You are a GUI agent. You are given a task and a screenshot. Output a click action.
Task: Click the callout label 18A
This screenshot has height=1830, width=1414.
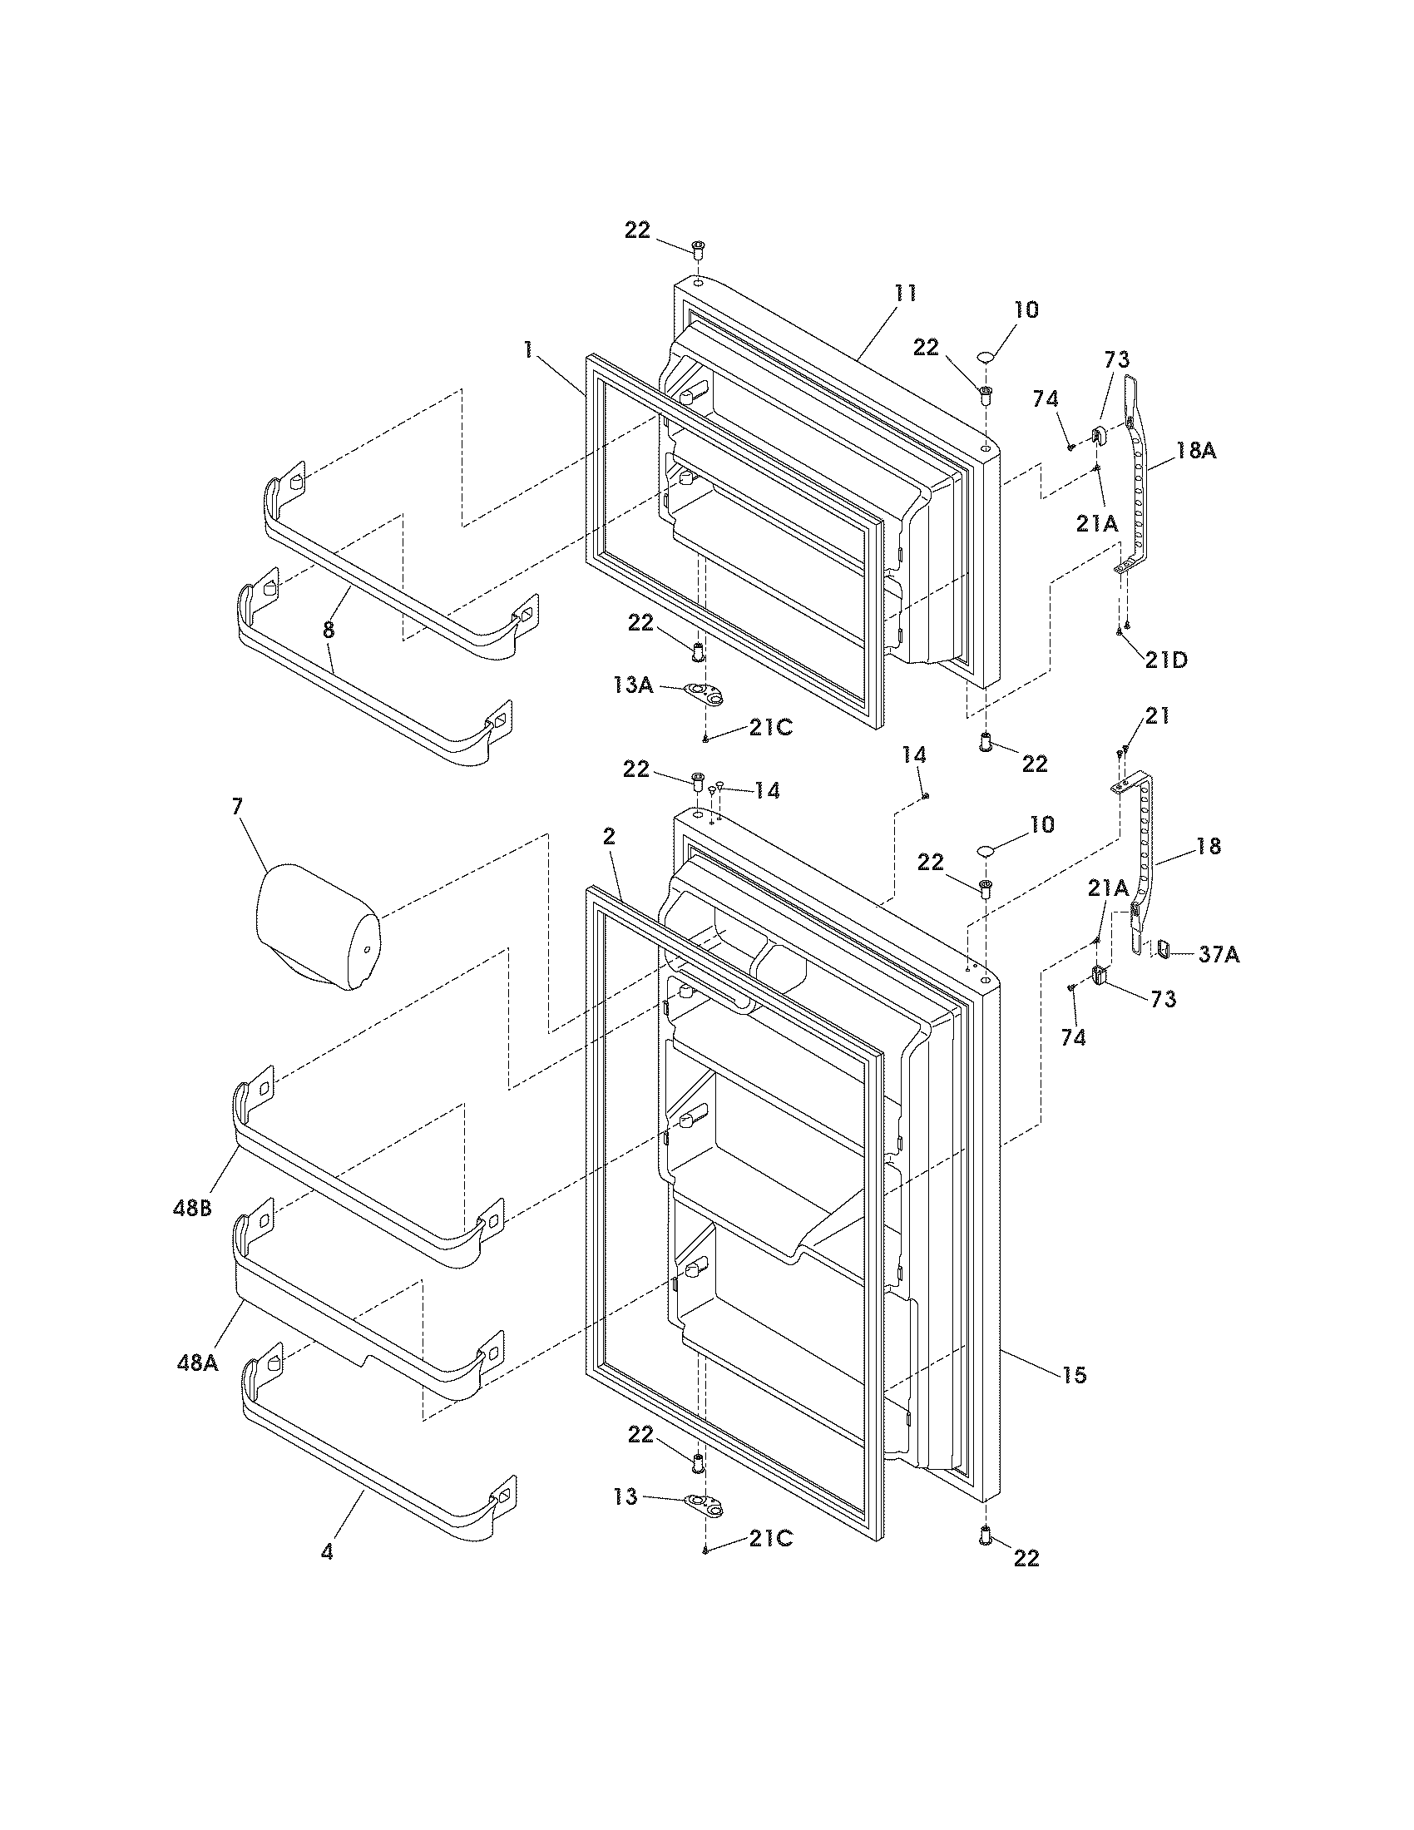(1195, 451)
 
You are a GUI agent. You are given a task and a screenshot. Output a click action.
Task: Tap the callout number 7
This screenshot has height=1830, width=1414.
(237, 806)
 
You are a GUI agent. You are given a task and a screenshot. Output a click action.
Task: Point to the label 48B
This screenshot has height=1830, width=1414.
(194, 1210)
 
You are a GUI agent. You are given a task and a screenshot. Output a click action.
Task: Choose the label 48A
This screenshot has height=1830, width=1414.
(198, 1363)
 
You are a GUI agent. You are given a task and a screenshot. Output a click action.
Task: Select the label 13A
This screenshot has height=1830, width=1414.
(632, 685)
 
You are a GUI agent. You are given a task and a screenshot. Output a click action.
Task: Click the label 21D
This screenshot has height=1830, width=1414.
(1167, 660)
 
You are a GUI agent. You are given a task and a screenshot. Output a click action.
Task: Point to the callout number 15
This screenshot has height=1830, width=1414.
(1075, 1375)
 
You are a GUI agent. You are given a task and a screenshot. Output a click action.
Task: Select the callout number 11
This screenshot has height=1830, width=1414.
(905, 294)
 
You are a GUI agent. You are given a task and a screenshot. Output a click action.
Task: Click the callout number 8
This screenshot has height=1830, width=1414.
(329, 631)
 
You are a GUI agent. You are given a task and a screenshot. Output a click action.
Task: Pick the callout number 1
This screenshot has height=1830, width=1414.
(527, 350)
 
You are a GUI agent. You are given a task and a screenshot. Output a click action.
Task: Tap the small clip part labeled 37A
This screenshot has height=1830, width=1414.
(1164, 948)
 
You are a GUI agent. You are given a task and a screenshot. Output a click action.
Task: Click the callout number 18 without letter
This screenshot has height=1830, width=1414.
(1208, 846)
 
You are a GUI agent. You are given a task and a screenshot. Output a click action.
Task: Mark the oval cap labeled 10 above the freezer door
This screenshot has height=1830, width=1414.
(986, 358)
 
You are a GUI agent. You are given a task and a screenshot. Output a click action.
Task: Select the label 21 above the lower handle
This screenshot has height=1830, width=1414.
(1157, 716)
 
